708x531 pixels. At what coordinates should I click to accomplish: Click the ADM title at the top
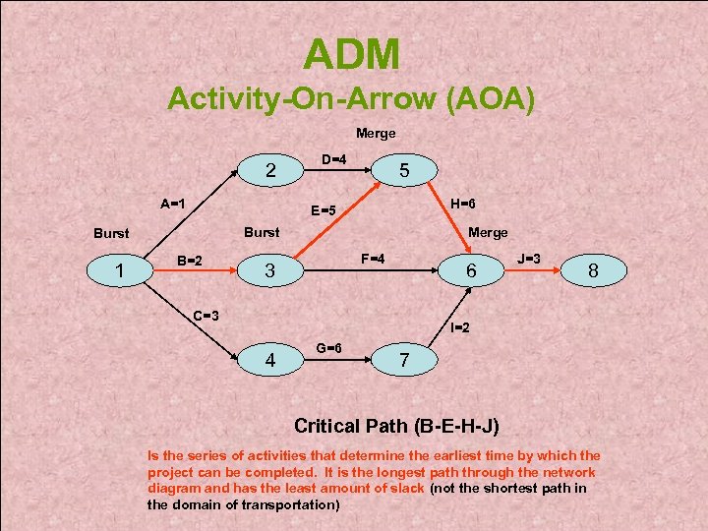click(x=352, y=54)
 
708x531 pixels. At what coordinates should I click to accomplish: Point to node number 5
click(x=403, y=170)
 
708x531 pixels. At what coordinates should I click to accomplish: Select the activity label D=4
click(x=334, y=158)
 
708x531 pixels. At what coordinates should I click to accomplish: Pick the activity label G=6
click(x=328, y=347)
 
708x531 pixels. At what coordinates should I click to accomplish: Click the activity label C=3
click(x=206, y=316)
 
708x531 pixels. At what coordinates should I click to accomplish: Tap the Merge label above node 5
click(x=375, y=133)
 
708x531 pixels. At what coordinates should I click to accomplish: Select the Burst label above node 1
click(x=111, y=234)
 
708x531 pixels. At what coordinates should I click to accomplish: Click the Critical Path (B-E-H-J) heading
click(x=396, y=427)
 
